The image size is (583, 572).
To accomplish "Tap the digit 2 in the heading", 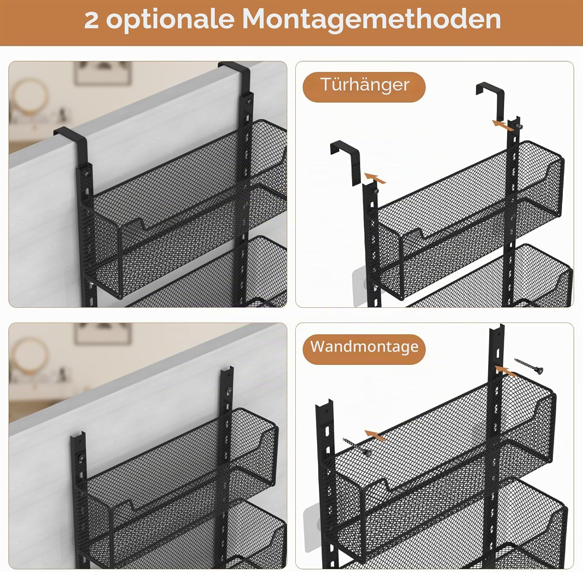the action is click(91, 20).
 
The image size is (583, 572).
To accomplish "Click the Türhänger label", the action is click(365, 85).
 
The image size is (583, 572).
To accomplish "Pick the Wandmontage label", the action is click(364, 347).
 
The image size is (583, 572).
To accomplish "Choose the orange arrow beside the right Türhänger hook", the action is click(503, 125).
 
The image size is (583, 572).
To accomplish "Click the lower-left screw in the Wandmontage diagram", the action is click(357, 446).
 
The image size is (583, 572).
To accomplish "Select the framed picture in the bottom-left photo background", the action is click(103, 333).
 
